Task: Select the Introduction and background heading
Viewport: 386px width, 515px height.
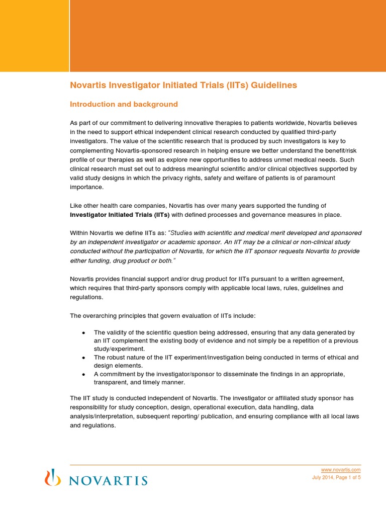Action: pos(124,105)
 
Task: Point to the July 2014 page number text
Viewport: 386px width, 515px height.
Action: pos(336,478)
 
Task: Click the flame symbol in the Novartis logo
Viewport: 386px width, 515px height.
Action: pos(50,477)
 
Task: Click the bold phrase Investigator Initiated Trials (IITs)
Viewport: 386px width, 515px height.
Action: pos(120,215)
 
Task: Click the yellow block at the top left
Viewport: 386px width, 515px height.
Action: pos(34,35)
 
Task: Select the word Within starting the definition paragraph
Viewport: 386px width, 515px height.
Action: pos(79,233)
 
